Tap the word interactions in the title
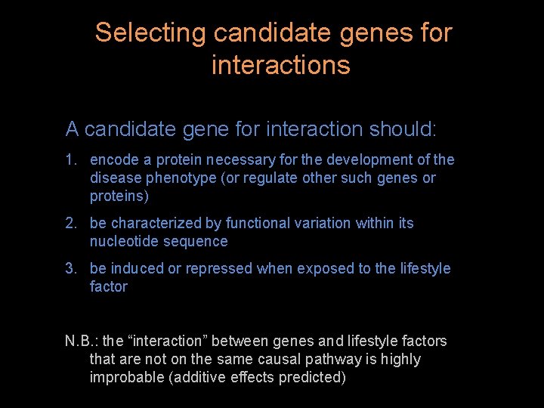click(x=280, y=66)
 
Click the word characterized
click(x=155, y=224)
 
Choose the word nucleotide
click(x=122, y=242)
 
